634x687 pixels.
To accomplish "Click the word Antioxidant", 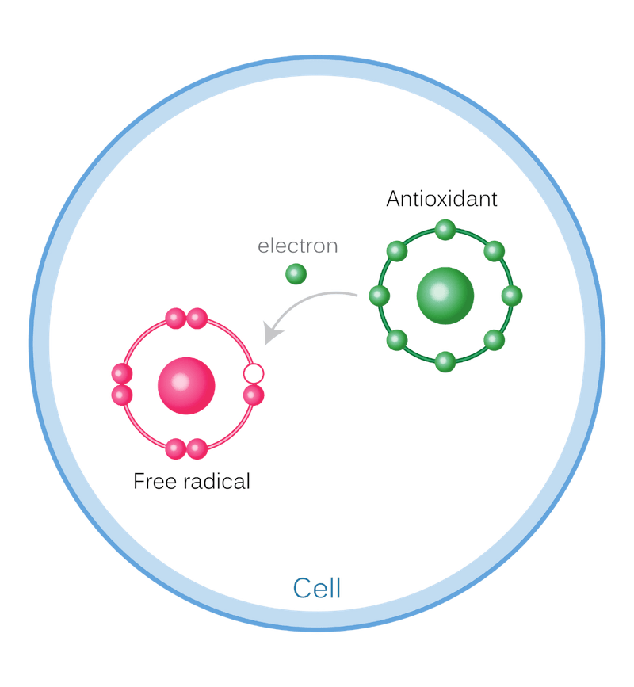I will pyautogui.click(x=441, y=198).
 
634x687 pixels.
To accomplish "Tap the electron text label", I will pyautogui.click(x=297, y=246).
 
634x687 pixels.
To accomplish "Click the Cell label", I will pyautogui.click(x=316, y=589).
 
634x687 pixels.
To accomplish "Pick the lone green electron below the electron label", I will pyautogui.click(x=296, y=274).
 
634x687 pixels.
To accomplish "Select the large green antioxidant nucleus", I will pyautogui.click(x=445, y=296).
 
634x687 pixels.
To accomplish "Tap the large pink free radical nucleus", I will pyautogui.click(x=185, y=384).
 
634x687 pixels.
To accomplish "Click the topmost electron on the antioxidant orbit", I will pyautogui.click(x=445, y=231).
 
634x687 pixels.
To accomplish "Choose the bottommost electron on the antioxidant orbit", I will pyautogui.click(x=445, y=362).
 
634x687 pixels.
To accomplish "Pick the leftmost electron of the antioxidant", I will pyautogui.click(x=380, y=296).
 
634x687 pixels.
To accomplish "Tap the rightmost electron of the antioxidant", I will pyautogui.click(x=511, y=296).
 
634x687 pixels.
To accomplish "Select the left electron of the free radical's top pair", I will pyautogui.click(x=175, y=319).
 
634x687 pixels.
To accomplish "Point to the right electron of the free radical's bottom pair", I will pyautogui.click(x=197, y=449).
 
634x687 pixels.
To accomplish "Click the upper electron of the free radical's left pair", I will pyautogui.click(x=121, y=373).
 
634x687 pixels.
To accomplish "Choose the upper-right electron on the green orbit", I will pyautogui.click(x=493, y=251).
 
